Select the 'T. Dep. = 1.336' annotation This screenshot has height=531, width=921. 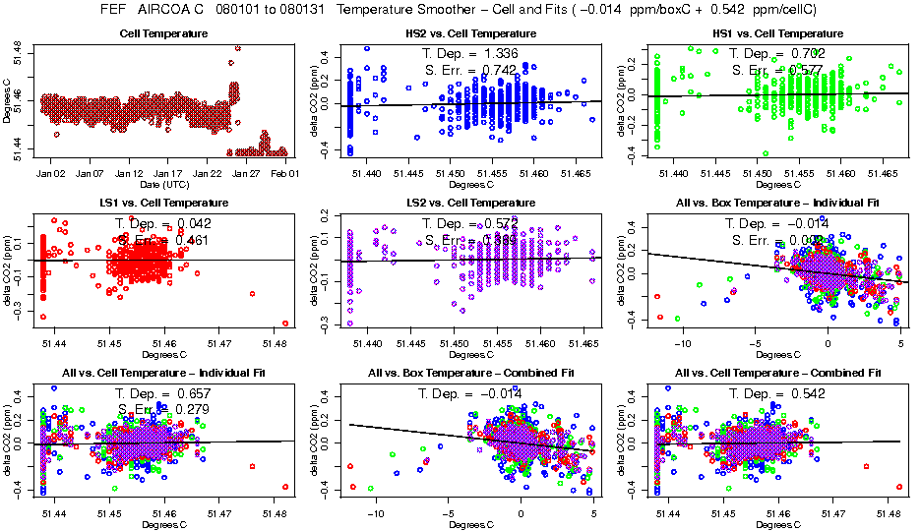click(469, 53)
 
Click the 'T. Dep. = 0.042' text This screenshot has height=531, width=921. click(163, 222)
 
